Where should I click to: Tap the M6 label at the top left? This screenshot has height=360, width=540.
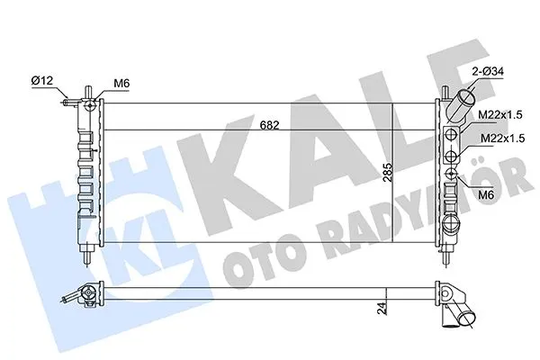click(121, 85)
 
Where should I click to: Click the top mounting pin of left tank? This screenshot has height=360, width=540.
click(86, 91)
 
